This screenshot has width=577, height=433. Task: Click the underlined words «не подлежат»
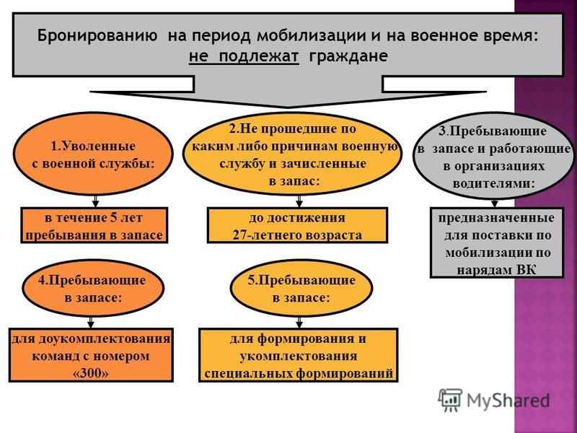244,56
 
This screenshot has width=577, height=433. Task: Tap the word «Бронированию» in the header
97,36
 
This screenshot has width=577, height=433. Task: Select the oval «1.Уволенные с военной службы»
93,154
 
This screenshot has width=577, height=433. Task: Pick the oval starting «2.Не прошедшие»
293,154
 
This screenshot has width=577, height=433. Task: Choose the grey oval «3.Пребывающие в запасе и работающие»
493,157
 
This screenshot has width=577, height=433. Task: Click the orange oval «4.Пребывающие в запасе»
93,288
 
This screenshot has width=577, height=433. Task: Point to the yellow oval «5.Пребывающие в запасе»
301,288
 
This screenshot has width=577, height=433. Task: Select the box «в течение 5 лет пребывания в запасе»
94,225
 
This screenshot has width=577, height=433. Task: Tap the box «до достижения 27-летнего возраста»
297,225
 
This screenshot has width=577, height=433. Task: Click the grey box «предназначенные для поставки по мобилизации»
497,242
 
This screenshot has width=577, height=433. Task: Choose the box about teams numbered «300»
91,355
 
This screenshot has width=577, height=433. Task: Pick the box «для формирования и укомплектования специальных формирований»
298,355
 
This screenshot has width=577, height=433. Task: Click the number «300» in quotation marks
91,373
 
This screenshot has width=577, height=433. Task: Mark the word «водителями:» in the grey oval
493,183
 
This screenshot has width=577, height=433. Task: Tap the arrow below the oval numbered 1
95,201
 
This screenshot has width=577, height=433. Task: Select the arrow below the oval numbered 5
299,323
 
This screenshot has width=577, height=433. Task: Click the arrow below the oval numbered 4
91,323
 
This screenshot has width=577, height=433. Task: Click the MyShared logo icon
449,400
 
